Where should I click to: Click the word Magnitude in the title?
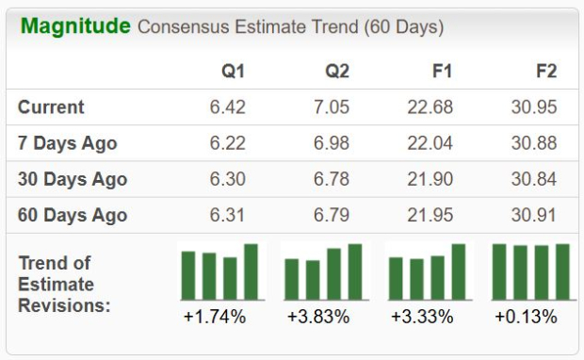click(75, 25)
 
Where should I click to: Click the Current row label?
click(51, 107)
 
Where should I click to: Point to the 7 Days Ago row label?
click(68, 143)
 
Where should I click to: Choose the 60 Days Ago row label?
click(73, 215)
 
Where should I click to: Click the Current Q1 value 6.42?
click(227, 107)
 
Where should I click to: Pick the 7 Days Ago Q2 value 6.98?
click(331, 143)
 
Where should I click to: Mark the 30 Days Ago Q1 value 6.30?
click(227, 179)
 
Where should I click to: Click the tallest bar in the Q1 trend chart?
click(251, 271)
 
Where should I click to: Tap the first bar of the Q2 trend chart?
click(292, 279)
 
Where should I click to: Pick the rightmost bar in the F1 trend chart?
click(458, 271)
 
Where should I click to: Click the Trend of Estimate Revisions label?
click(64, 284)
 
